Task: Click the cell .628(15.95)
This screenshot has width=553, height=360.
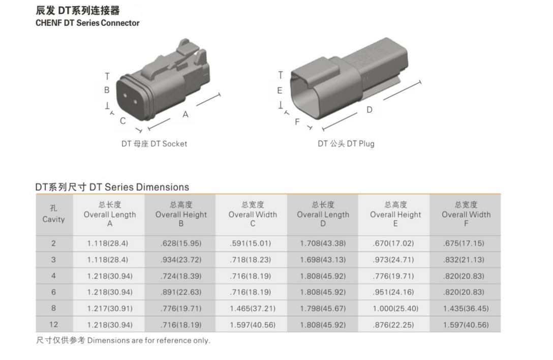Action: point(181,244)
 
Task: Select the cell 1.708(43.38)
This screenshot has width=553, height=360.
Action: point(323,244)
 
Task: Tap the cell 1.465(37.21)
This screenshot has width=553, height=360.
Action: point(253,309)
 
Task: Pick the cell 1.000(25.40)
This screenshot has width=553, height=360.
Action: point(395,309)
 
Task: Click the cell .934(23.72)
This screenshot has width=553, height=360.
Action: point(181,260)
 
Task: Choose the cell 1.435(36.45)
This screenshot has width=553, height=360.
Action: point(466,309)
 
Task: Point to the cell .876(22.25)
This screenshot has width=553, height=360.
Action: point(393,325)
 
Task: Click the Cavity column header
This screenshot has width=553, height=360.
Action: point(53,214)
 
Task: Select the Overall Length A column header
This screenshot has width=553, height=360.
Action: point(110,214)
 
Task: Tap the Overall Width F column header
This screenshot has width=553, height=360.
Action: point(466,214)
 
